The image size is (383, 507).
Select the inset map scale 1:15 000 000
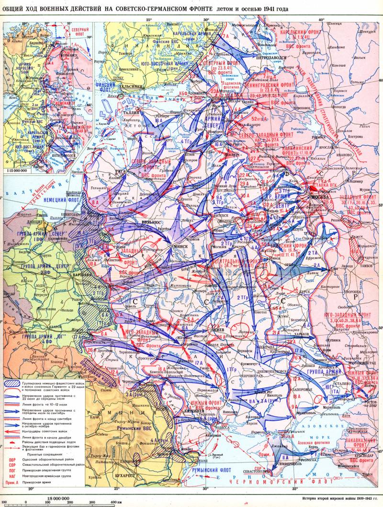tap(15, 171)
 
